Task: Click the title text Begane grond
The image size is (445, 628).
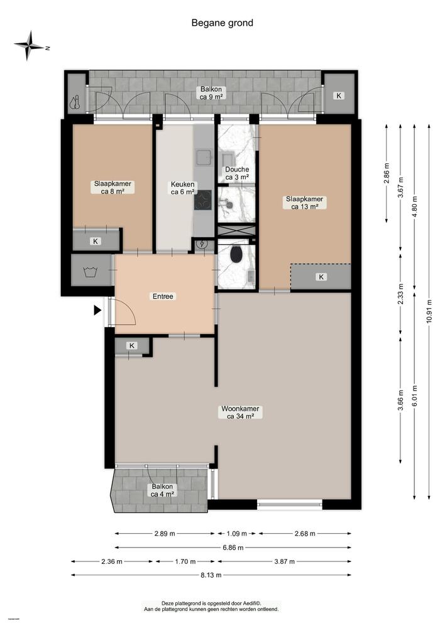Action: pyautogui.click(x=222, y=23)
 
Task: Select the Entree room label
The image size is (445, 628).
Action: pyautogui.click(x=162, y=296)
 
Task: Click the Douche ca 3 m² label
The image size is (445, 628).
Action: pyautogui.click(x=237, y=173)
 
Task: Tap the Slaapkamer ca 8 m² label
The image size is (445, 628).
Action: pyautogui.click(x=113, y=187)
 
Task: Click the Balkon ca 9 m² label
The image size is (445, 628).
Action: pyautogui.click(x=211, y=94)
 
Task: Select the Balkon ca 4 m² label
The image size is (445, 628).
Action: pyautogui.click(x=162, y=490)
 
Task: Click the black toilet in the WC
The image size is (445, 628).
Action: pyautogui.click(x=236, y=255)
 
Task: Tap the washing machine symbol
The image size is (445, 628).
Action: pyautogui.click(x=89, y=271)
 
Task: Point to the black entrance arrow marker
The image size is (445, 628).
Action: pyautogui.click(x=97, y=310)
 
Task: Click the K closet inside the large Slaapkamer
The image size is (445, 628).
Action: pyautogui.click(x=321, y=277)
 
